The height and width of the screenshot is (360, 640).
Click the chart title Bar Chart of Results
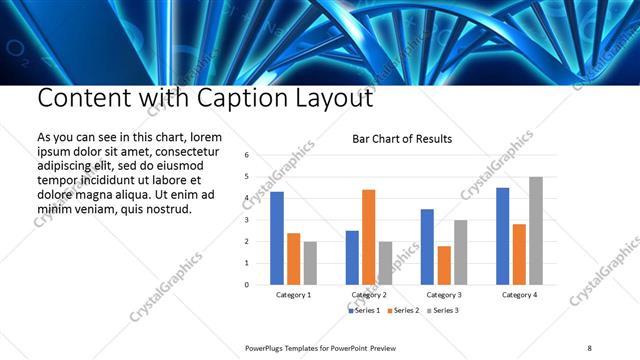pyautogui.click(x=402, y=139)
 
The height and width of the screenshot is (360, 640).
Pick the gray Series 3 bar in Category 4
pyautogui.click(x=536, y=230)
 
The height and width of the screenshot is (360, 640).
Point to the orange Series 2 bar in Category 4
pyautogui.click(x=519, y=254)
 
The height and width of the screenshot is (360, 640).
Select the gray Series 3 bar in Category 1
pyautogui.click(x=310, y=262)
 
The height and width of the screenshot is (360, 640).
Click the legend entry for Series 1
pyautogui.click(x=365, y=311)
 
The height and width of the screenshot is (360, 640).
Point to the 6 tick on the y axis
pyautogui.click(x=247, y=156)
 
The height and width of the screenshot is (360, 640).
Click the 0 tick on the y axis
pyautogui.click(x=247, y=284)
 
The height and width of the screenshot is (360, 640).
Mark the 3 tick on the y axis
pyautogui.click(x=247, y=220)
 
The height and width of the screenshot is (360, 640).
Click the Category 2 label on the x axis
pyautogui.click(x=368, y=295)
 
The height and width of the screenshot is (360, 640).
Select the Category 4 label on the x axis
pyautogui.click(x=519, y=295)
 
